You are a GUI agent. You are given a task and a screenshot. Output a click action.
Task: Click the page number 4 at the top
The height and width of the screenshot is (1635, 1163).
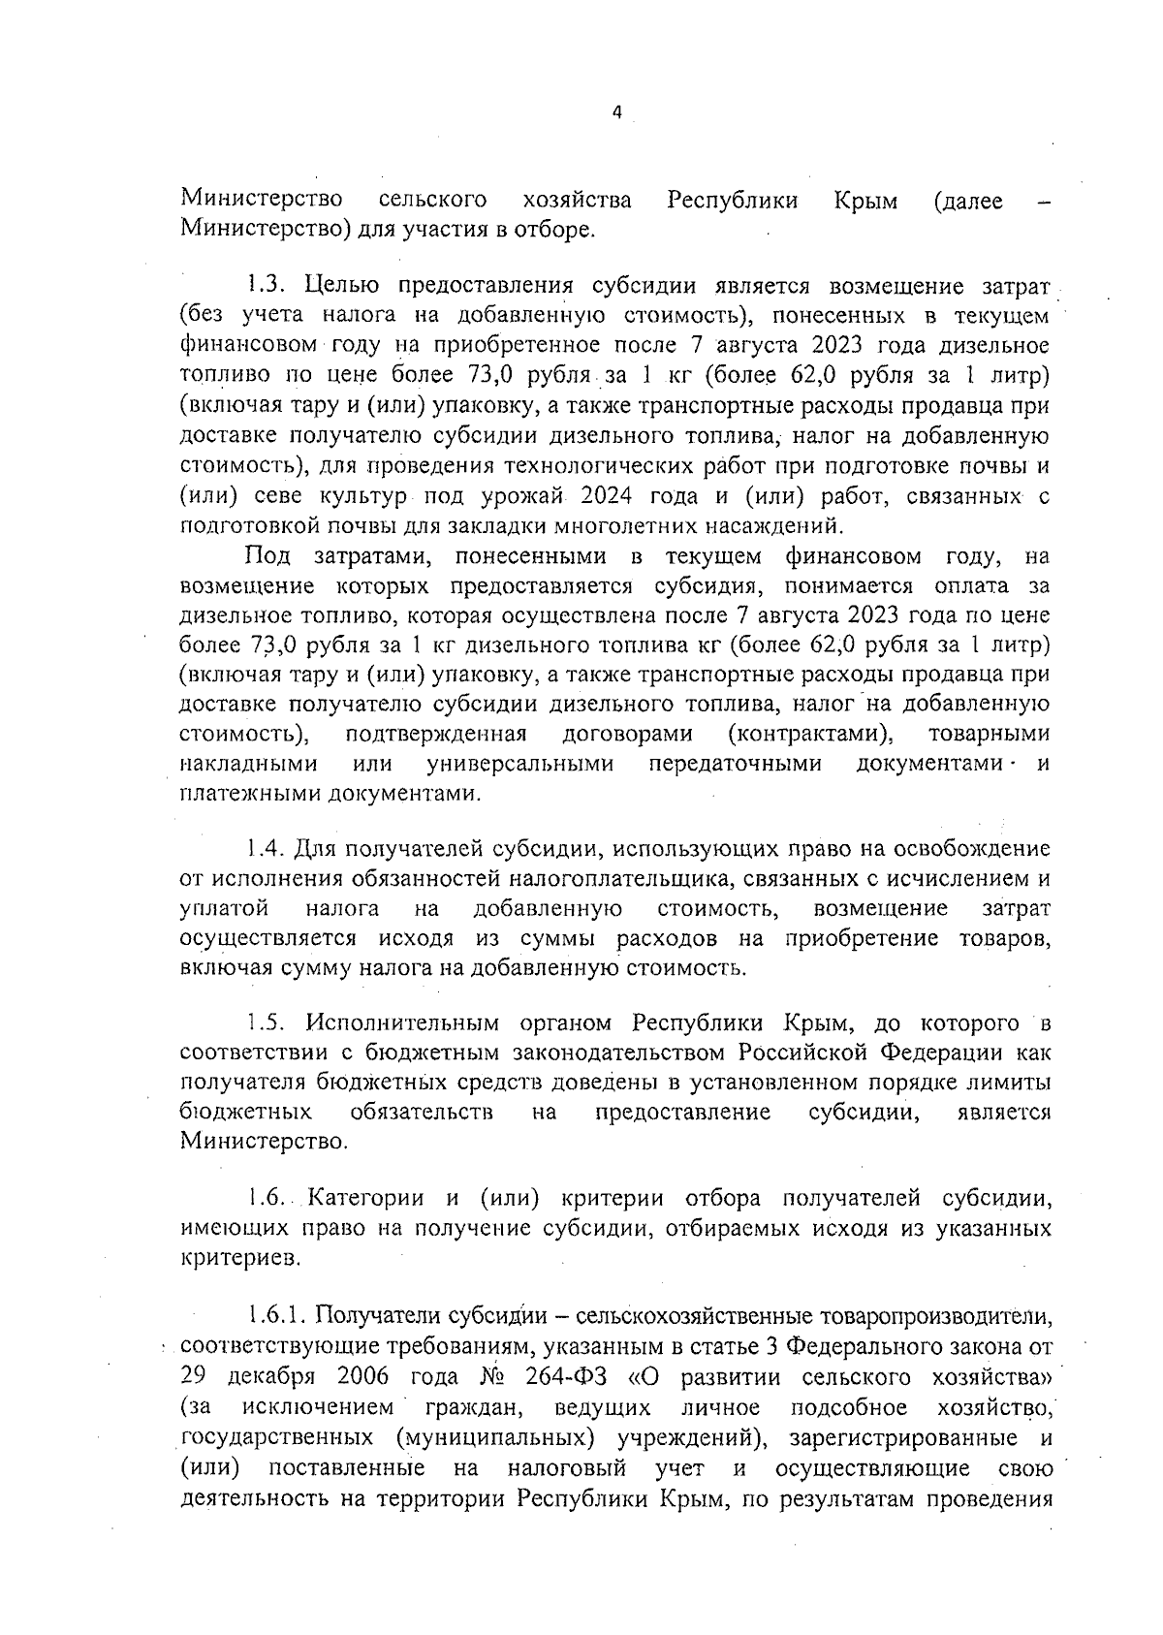616,112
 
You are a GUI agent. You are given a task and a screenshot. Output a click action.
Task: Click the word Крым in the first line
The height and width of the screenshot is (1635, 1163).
865,201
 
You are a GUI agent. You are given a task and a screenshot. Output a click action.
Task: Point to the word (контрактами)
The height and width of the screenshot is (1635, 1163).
810,734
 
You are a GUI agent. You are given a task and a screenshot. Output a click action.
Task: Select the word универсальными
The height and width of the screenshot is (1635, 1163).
520,764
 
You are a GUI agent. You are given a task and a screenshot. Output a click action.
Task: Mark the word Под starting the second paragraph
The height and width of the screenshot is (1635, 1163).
267,556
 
